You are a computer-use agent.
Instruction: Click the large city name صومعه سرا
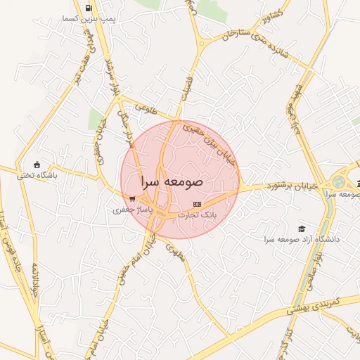tap(172, 181)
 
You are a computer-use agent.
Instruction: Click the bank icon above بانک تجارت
tap(196, 204)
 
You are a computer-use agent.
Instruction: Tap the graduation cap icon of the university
tap(302, 229)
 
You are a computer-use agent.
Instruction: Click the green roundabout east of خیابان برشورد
tap(340, 181)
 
